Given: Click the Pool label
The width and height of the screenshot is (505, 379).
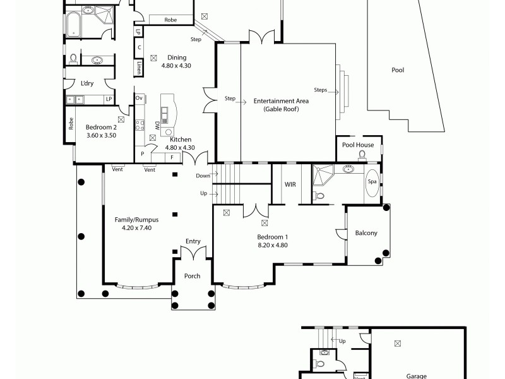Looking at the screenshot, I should point(398,70).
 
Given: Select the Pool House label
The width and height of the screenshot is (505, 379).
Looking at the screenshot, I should point(358,145).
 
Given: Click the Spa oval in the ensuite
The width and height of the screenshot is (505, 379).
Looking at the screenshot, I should point(372,182).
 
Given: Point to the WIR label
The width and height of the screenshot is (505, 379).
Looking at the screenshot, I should point(290,184).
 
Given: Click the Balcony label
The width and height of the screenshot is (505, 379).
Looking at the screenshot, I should point(366,233).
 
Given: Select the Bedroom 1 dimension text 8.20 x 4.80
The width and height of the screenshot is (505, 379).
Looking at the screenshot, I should point(273,245).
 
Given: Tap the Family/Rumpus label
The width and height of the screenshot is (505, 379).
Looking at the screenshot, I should point(136,220).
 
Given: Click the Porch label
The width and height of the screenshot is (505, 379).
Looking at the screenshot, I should point(192,276).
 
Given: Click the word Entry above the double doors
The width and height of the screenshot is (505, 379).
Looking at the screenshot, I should point(193,241).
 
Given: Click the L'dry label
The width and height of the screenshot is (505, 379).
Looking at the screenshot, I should point(87,82).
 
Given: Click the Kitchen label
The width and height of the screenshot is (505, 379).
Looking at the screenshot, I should point(181,140).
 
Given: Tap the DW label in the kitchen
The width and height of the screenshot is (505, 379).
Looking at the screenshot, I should point(157,125).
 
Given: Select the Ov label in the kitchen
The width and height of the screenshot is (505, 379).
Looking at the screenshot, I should point(140,98).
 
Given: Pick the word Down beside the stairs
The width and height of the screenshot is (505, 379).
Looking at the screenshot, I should point(203,176).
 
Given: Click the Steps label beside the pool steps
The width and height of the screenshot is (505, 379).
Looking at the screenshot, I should point(320,90).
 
